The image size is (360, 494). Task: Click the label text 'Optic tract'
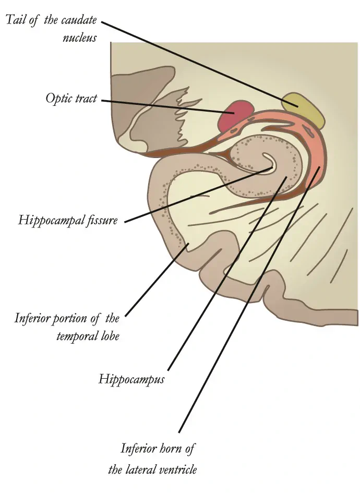click(71, 99)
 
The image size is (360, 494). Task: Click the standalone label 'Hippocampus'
click(131, 379)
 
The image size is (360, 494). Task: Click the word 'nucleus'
click(79, 38)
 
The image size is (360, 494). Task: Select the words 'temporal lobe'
click(88, 335)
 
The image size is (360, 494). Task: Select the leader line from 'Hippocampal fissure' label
click(198, 195)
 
